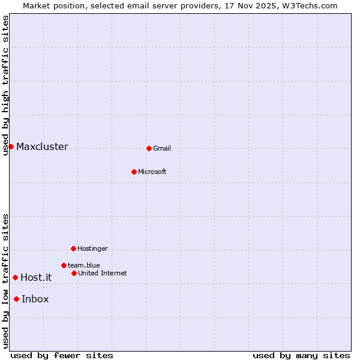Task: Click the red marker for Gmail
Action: [x=149, y=148]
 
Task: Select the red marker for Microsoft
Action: [x=134, y=172]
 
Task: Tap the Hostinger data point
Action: [x=73, y=248]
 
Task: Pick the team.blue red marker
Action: [x=64, y=265]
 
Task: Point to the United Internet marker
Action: [x=74, y=273]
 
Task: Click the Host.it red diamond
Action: [x=15, y=277]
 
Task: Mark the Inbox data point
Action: [x=16, y=299]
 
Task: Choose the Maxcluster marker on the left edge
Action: [x=11, y=146]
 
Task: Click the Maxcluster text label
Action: [x=42, y=147]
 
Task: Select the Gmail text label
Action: [x=162, y=149]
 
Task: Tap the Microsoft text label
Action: [x=152, y=172]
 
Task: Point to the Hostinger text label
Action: [x=92, y=249]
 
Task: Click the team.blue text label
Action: [x=83, y=266]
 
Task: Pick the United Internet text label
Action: [x=102, y=274]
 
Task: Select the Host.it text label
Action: [x=36, y=278]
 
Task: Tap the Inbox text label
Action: [x=35, y=299]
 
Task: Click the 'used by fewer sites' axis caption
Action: [x=62, y=356]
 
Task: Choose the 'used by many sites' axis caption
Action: [x=301, y=356]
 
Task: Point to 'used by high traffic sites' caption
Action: [x=5, y=85]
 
